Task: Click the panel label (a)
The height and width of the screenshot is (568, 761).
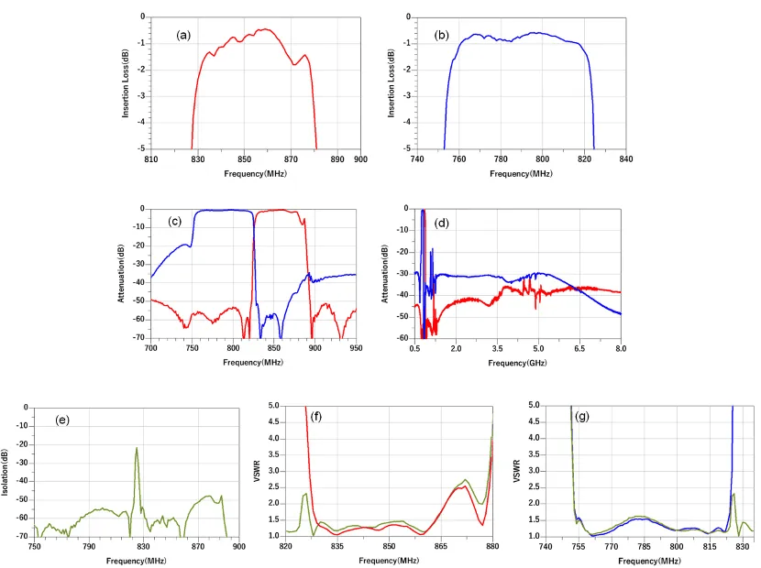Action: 183,36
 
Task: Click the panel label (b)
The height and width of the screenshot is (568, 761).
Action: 442,36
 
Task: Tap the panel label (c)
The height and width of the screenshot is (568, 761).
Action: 174,221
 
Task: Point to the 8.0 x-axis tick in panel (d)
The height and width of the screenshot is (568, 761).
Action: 621,349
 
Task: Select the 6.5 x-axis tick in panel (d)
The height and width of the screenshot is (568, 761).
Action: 579,349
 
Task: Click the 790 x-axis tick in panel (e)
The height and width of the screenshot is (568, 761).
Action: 89,547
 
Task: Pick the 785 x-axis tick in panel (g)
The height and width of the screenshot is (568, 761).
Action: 644,547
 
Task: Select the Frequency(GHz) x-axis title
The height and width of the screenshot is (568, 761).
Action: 517,364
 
